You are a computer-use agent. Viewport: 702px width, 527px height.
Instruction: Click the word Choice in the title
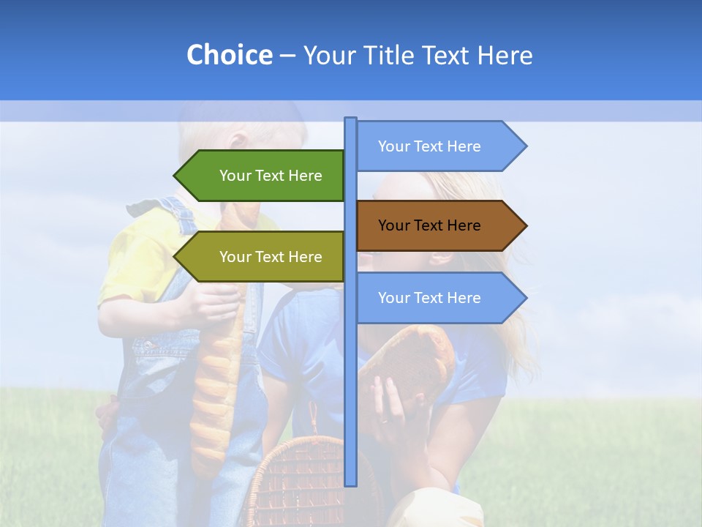pos(229,56)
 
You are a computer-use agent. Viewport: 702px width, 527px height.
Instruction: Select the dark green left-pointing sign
pos(263,176)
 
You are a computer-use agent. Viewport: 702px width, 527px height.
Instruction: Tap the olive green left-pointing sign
pos(263,257)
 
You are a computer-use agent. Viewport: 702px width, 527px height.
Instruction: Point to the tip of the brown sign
pos(524,225)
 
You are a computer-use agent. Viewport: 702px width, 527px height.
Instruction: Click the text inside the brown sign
pos(429,225)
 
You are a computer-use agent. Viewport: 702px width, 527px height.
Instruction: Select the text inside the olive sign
pos(271,257)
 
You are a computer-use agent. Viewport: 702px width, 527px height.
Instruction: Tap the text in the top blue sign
pos(429,146)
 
